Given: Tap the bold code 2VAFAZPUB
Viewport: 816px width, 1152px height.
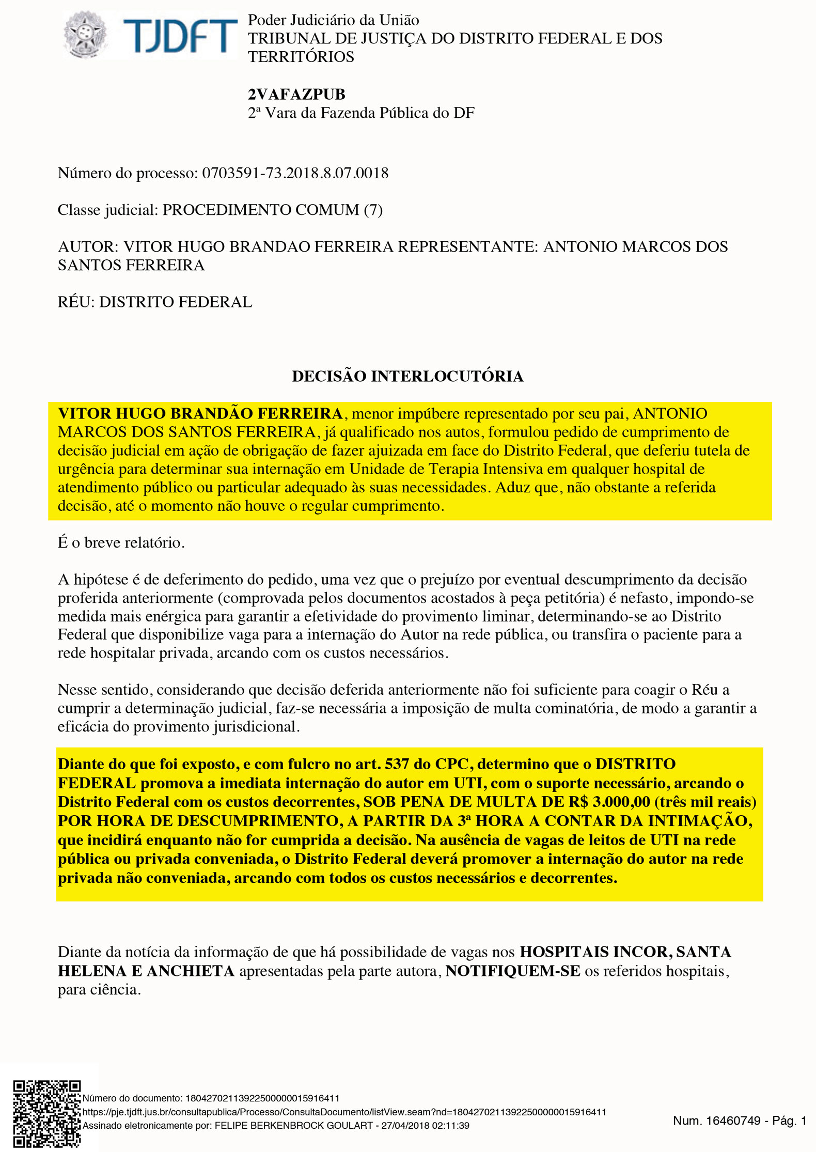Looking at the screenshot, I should point(296,95).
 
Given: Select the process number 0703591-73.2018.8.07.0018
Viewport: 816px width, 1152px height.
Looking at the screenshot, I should point(295,173).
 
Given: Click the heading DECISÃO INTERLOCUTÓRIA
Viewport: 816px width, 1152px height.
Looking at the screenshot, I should point(407,376).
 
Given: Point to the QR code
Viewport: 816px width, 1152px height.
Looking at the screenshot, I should point(46,1113).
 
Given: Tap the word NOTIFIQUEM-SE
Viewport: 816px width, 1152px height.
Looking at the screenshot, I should point(513,971).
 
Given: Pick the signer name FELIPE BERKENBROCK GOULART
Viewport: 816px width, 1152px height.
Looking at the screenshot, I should point(293,1126).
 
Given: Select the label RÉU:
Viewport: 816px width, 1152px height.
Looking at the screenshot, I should point(76,302).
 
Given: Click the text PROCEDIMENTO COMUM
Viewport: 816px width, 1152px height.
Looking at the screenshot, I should point(261,210).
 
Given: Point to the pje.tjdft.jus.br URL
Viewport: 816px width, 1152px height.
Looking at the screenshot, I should point(344,1112).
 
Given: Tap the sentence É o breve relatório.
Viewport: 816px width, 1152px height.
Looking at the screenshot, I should point(121,543).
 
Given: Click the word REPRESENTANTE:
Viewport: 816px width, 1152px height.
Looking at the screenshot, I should point(468,247).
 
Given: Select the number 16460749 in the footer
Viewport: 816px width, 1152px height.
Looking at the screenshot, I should point(733,1120).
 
